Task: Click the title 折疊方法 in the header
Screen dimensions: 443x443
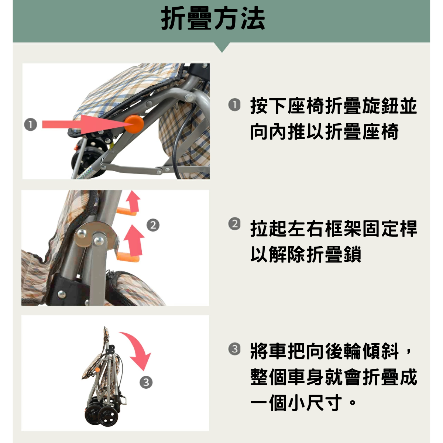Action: [x=213, y=19]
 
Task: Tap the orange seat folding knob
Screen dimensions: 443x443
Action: [x=134, y=123]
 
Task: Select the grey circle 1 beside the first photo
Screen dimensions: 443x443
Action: [x=31, y=124]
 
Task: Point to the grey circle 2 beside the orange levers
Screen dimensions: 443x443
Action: [x=153, y=225]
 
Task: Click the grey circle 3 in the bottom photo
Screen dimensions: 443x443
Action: [x=146, y=382]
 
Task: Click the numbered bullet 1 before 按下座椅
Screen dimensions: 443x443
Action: [x=234, y=105]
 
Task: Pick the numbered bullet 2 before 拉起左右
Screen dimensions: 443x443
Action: [x=234, y=224]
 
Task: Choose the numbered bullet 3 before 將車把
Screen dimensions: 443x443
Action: [x=234, y=349]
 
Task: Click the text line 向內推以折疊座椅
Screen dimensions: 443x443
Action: [x=324, y=132]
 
